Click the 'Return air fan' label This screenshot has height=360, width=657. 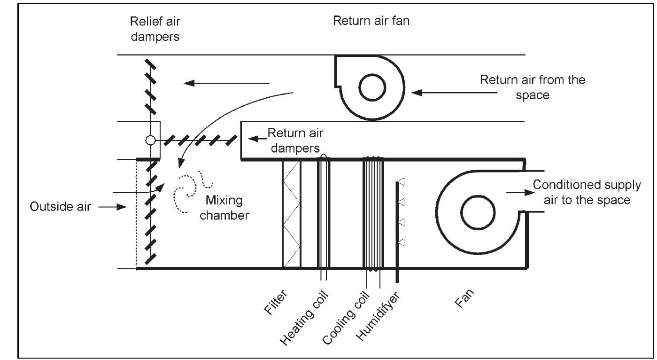click(371, 21)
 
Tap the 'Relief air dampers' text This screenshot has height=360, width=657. click(155, 29)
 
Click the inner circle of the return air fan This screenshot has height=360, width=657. click(372, 87)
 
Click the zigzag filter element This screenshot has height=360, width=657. click(291, 214)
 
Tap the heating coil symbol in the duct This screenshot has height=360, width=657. click(324, 214)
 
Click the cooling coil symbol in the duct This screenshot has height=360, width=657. click(373, 214)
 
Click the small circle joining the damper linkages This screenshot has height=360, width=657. click(150, 140)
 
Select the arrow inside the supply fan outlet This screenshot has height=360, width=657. click(516, 192)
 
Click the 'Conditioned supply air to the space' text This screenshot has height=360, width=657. click(586, 192)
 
